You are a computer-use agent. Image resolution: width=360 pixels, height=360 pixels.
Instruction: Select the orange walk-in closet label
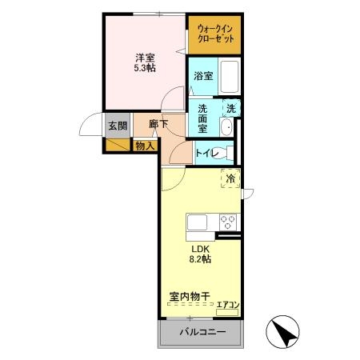[x=214, y=34]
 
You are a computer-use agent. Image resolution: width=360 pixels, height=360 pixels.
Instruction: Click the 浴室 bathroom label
[x=203, y=77]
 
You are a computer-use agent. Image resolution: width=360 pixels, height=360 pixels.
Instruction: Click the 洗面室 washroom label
[x=202, y=118]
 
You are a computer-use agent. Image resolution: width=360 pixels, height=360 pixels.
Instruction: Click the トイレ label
[x=209, y=152]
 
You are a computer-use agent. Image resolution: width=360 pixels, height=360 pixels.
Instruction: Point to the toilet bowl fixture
[x=233, y=152]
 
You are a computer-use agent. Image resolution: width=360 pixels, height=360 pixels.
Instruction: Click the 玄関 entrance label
[x=117, y=126]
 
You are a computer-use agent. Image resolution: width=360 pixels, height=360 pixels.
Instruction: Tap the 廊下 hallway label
[x=158, y=123]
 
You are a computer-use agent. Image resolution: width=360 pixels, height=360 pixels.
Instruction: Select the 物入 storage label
[x=144, y=146]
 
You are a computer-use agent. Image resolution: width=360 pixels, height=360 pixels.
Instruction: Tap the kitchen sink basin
[x=197, y=221]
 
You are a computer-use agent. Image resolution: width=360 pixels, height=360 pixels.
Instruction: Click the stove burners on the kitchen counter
[x=226, y=221]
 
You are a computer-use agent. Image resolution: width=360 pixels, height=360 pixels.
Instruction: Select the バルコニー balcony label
[x=201, y=332]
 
